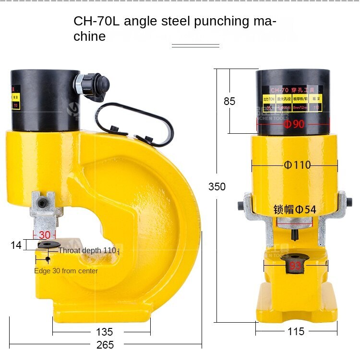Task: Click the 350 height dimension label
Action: (217, 187)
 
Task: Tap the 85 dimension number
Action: (229, 101)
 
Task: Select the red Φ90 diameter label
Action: (294, 124)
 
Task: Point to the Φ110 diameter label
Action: (297, 165)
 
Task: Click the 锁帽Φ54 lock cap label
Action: (294, 209)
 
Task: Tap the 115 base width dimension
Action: (296, 331)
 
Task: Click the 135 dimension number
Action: (104, 332)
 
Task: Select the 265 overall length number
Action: (105, 345)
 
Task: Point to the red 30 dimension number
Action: (44, 235)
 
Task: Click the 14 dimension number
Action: (16, 245)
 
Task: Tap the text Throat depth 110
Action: (87, 250)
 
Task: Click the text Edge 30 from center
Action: (66, 271)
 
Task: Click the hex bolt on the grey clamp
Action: (43, 204)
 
